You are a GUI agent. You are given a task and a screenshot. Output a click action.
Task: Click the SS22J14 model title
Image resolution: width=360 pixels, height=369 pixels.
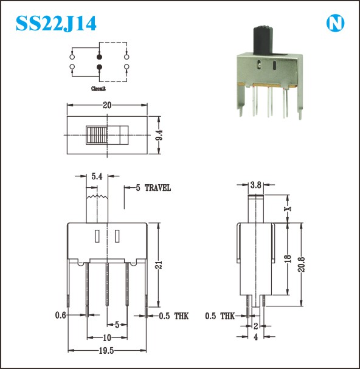[56, 23]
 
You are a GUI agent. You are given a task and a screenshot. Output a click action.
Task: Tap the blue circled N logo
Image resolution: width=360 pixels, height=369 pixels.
[335, 24]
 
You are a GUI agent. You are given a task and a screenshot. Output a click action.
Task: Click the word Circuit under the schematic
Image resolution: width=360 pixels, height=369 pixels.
[99, 89]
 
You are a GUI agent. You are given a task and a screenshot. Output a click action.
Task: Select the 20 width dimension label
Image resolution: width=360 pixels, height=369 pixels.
[107, 105]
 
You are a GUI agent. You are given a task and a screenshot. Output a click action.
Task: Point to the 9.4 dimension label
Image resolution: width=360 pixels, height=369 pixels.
[159, 135]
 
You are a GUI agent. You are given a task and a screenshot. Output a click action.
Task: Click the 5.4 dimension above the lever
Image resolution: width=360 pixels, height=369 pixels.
[97, 176]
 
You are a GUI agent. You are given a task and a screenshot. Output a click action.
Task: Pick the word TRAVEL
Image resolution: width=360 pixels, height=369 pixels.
[157, 188]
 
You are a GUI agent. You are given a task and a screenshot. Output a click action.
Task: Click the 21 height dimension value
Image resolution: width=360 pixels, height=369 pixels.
[159, 265]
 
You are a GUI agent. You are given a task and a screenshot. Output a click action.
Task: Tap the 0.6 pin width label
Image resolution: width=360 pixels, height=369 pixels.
[61, 315]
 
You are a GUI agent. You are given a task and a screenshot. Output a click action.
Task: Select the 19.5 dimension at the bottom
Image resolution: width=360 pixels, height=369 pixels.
[106, 351]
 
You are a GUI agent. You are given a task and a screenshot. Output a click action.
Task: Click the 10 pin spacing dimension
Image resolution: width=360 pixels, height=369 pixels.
[107, 338]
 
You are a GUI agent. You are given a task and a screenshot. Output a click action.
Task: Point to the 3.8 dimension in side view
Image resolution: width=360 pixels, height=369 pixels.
[255, 185]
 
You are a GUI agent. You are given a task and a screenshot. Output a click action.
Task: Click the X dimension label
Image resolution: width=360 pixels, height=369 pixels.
[288, 209]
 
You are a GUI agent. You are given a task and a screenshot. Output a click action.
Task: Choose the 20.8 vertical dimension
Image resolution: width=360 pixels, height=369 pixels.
[302, 264]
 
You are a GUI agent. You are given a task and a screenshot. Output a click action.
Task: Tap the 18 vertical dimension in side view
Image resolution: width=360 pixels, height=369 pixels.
[288, 258]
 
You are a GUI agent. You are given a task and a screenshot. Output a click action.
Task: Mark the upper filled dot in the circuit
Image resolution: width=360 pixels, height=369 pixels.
[99, 57]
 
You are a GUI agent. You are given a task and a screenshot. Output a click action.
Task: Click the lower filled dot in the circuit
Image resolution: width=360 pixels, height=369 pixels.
[99, 67]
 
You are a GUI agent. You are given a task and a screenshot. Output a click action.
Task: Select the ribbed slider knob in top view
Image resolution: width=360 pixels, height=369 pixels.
[97, 135]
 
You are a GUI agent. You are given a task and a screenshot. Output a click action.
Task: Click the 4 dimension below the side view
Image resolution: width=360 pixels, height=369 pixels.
[255, 337]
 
